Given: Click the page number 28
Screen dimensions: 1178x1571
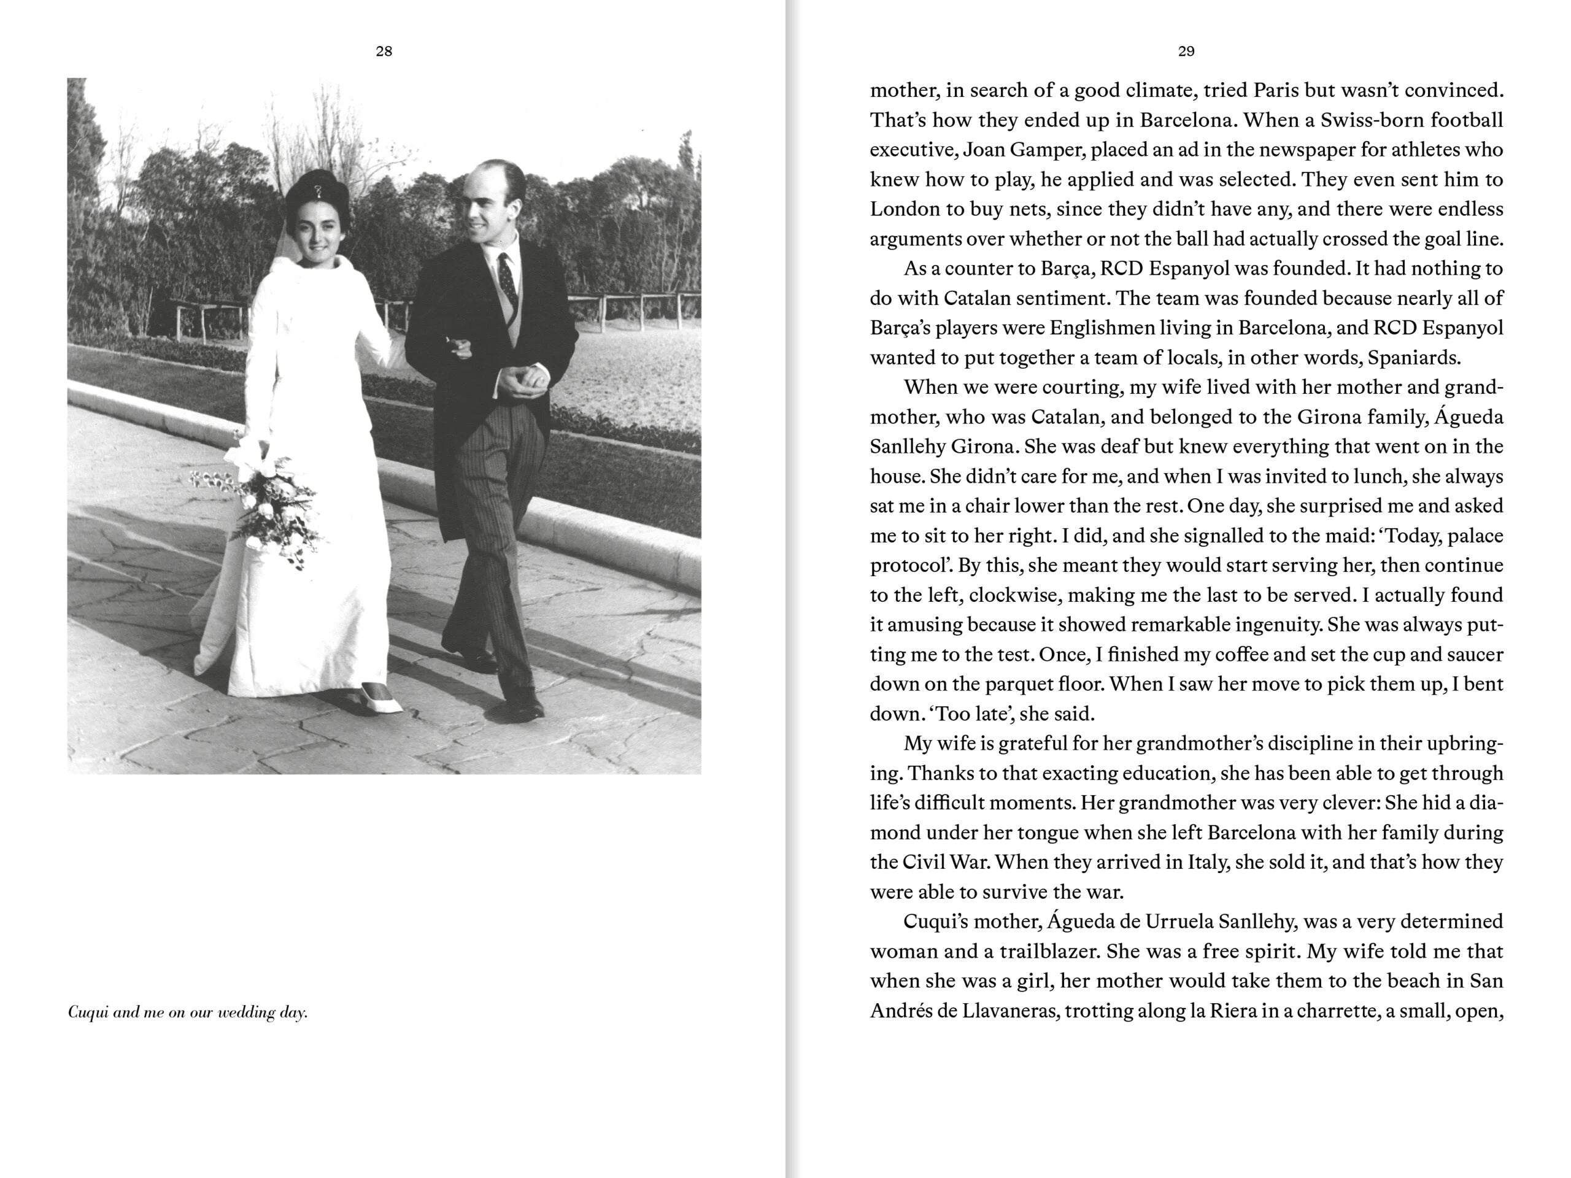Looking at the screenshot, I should [x=384, y=51].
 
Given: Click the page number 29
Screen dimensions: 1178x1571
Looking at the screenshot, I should [x=1186, y=51].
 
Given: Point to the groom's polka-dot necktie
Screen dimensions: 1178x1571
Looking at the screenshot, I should [x=507, y=277].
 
